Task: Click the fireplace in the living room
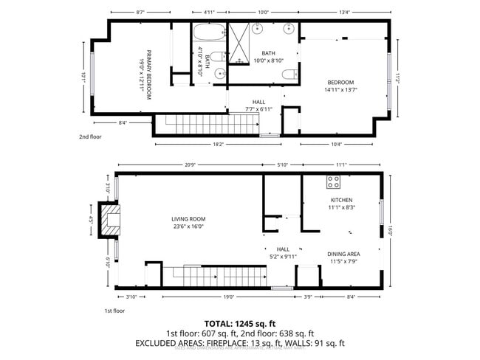click(x=111, y=220)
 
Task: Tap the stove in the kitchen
click(x=333, y=181)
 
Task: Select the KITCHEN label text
click(x=341, y=200)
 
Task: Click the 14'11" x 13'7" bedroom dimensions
click(x=341, y=90)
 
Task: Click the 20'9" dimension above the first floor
click(x=190, y=164)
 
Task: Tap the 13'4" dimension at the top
click(x=344, y=12)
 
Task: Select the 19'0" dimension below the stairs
click(x=229, y=297)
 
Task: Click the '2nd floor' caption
click(x=90, y=137)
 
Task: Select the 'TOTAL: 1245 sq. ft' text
click(x=240, y=324)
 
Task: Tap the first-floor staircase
click(x=214, y=277)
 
